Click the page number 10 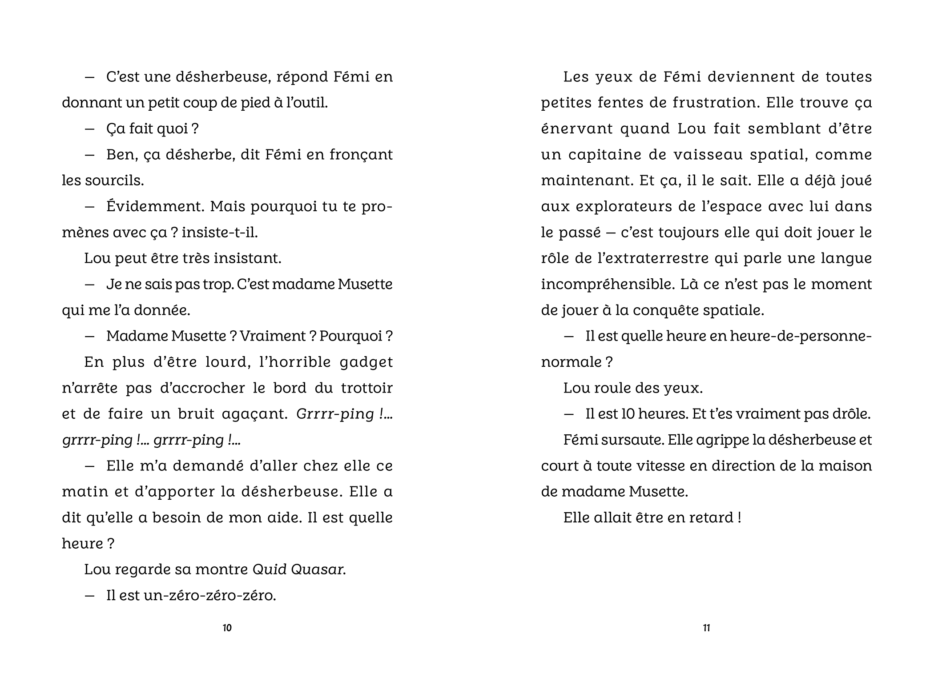[227, 628]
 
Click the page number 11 [706, 628]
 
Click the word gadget [366, 362]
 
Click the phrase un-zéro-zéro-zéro [209, 595]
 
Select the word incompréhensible [608, 284]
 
